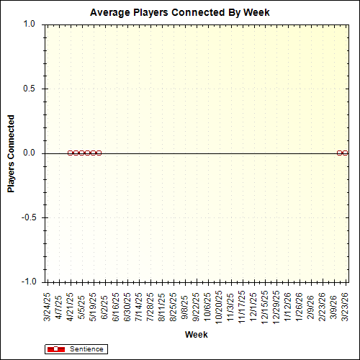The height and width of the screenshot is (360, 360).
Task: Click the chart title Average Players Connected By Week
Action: [x=179, y=13]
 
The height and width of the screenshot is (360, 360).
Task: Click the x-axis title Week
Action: [x=197, y=335]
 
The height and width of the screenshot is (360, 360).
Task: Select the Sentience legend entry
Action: [x=86, y=349]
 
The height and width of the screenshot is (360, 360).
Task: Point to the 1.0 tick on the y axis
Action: [x=29, y=24]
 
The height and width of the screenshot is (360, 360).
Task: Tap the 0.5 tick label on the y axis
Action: [x=29, y=89]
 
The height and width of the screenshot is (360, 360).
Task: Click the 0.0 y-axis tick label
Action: [x=29, y=153]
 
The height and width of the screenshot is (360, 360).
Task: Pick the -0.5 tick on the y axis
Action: [x=27, y=217]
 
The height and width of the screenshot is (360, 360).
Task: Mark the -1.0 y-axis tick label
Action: [x=27, y=282]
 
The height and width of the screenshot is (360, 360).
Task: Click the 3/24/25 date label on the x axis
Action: [x=48, y=305]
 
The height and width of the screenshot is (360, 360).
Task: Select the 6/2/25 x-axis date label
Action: [x=105, y=304]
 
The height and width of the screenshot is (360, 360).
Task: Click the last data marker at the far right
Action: [x=345, y=153]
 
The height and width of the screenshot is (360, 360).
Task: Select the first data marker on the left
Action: [x=70, y=153]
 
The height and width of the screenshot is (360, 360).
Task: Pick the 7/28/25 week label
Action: [x=151, y=305]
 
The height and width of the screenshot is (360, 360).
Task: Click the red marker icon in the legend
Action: [x=55, y=349]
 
